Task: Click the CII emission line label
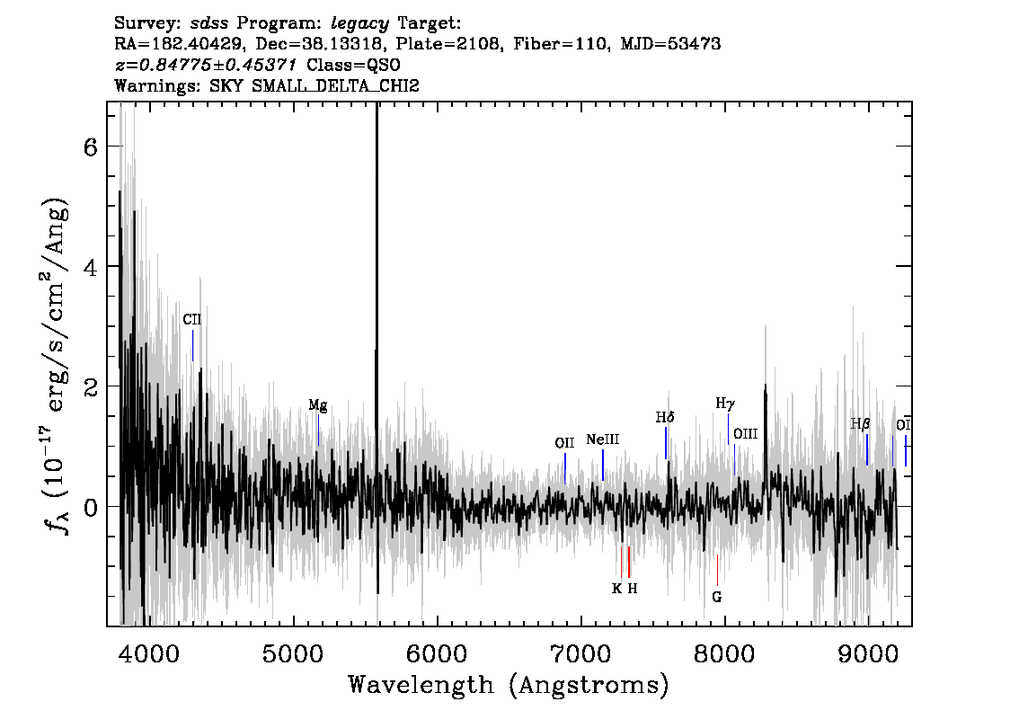coord(191,319)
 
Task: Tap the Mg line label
coord(318,405)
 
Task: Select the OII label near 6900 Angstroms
coord(564,443)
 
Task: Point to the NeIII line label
coord(602,439)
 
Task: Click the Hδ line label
coord(665,417)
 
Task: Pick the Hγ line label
coord(725,403)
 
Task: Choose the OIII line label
coord(746,433)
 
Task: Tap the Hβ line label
coord(861,424)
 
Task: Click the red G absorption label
coord(717,597)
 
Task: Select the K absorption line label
coord(616,589)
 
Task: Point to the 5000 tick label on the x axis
coord(294,653)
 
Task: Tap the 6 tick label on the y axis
coord(90,147)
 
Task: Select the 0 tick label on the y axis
coord(90,506)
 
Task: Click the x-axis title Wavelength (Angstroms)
coord(509,685)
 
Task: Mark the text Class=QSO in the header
coord(353,65)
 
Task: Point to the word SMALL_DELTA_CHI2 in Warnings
coord(335,85)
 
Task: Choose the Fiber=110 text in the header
coord(562,43)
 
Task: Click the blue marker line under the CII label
coord(193,345)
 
